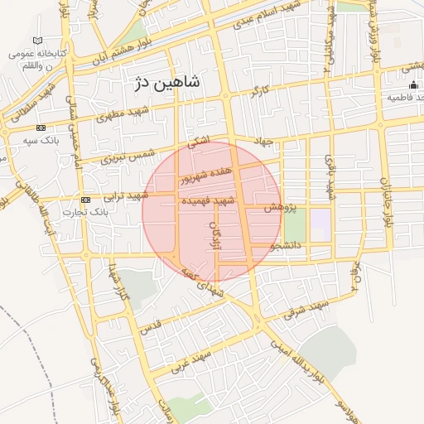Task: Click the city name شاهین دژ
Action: click(166, 83)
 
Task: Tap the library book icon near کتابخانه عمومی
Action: click(36, 41)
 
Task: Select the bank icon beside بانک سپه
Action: click(41, 128)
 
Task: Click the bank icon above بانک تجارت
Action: click(85, 200)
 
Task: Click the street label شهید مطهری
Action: click(125, 113)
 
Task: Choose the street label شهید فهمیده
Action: click(213, 201)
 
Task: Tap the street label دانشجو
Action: click(287, 245)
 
